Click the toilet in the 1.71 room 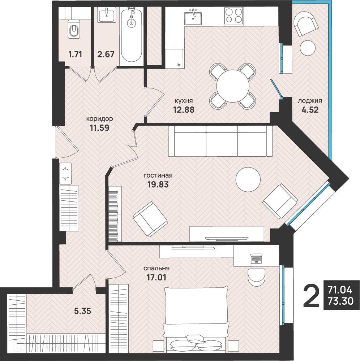click(74, 29)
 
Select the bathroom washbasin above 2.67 click(107, 15)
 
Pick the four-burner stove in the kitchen click(233, 16)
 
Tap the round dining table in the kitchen click(233, 86)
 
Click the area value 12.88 click(184, 110)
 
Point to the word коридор click(99, 119)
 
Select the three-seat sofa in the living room click(220, 141)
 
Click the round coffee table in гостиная click(248, 179)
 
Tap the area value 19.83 click(158, 184)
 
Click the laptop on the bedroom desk click(256, 258)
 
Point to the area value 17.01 click(157, 277)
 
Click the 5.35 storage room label click(82, 311)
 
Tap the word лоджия click(310, 101)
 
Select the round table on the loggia click(308, 48)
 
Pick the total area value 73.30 click(340, 301)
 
